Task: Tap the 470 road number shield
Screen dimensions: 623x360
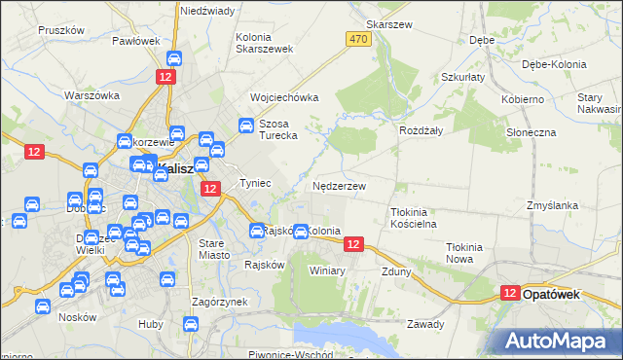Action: [357, 38]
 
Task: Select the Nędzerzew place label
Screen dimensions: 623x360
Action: [340, 185]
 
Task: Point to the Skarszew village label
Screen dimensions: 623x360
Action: [385, 24]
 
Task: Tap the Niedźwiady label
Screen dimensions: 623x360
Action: [207, 11]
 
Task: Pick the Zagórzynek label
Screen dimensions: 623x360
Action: [220, 302]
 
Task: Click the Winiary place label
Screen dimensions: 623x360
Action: [327, 270]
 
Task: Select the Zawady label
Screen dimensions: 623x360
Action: [425, 324]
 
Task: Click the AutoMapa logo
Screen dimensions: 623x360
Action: [558, 341]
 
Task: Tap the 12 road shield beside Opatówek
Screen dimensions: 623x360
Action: [511, 292]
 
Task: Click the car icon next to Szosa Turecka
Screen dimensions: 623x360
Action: [246, 125]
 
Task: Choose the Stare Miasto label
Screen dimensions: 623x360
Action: [212, 248]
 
